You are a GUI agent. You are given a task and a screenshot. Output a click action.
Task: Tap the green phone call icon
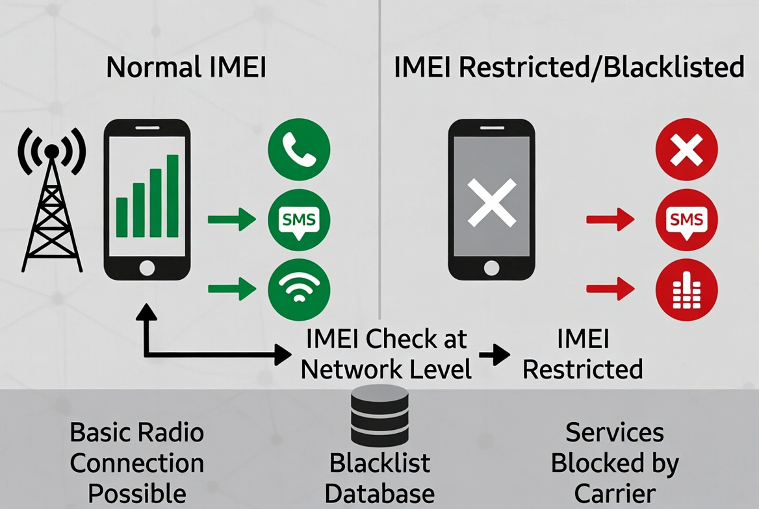click(299, 150)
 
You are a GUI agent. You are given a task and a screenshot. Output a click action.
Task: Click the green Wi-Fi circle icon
click(299, 289)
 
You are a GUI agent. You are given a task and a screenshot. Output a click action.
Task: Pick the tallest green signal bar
click(173, 196)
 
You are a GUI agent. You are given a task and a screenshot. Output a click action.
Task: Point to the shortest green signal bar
click(122, 217)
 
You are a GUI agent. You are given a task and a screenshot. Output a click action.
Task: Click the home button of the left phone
click(148, 266)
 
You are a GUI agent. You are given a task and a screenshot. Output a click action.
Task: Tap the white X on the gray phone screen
click(492, 203)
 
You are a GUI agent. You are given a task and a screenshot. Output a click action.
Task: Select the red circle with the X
click(686, 150)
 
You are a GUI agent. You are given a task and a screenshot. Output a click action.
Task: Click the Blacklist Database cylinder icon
click(379, 416)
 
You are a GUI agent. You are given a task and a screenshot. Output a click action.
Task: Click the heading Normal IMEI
click(187, 68)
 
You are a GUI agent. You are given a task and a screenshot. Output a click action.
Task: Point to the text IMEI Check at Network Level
click(386, 354)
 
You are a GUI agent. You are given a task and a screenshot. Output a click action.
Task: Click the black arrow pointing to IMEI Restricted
click(495, 354)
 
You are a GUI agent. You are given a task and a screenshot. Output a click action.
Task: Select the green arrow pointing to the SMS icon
click(232, 220)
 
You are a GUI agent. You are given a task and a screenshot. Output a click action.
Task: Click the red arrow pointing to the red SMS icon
click(610, 220)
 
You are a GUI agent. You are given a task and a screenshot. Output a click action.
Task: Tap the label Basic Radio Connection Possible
click(137, 463)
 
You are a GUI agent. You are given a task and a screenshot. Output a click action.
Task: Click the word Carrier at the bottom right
click(615, 493)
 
